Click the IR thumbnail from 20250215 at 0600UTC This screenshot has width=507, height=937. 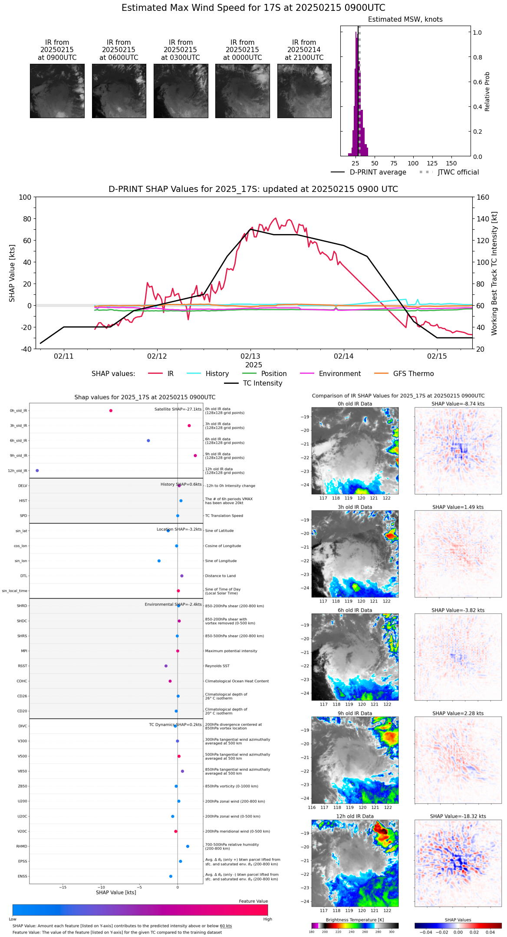tap(119, 91)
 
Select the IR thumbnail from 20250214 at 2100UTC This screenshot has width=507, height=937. tap(304, 91)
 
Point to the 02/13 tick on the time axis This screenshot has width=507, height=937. tap(250, 356)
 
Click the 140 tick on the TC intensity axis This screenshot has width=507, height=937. tap(483, 219)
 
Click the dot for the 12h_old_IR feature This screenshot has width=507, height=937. tap(37, 471)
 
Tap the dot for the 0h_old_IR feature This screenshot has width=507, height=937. tap(111, 411)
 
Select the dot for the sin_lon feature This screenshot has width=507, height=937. tap(159, 561)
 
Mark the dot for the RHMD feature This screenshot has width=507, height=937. tap(188, 846)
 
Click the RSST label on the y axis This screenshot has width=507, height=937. tap(23, 666)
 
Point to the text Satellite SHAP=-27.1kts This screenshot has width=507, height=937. tap(178, 409)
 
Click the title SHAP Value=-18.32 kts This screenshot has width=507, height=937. tap(458, 816)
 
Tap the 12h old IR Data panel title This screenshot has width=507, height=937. tap(355, 816)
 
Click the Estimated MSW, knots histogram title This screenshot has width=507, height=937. tap(405, 20)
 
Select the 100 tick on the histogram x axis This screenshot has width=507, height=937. tap(413, 163)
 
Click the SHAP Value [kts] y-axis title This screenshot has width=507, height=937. tap(12, 273)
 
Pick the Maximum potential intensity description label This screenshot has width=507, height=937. tap(231, 651)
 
